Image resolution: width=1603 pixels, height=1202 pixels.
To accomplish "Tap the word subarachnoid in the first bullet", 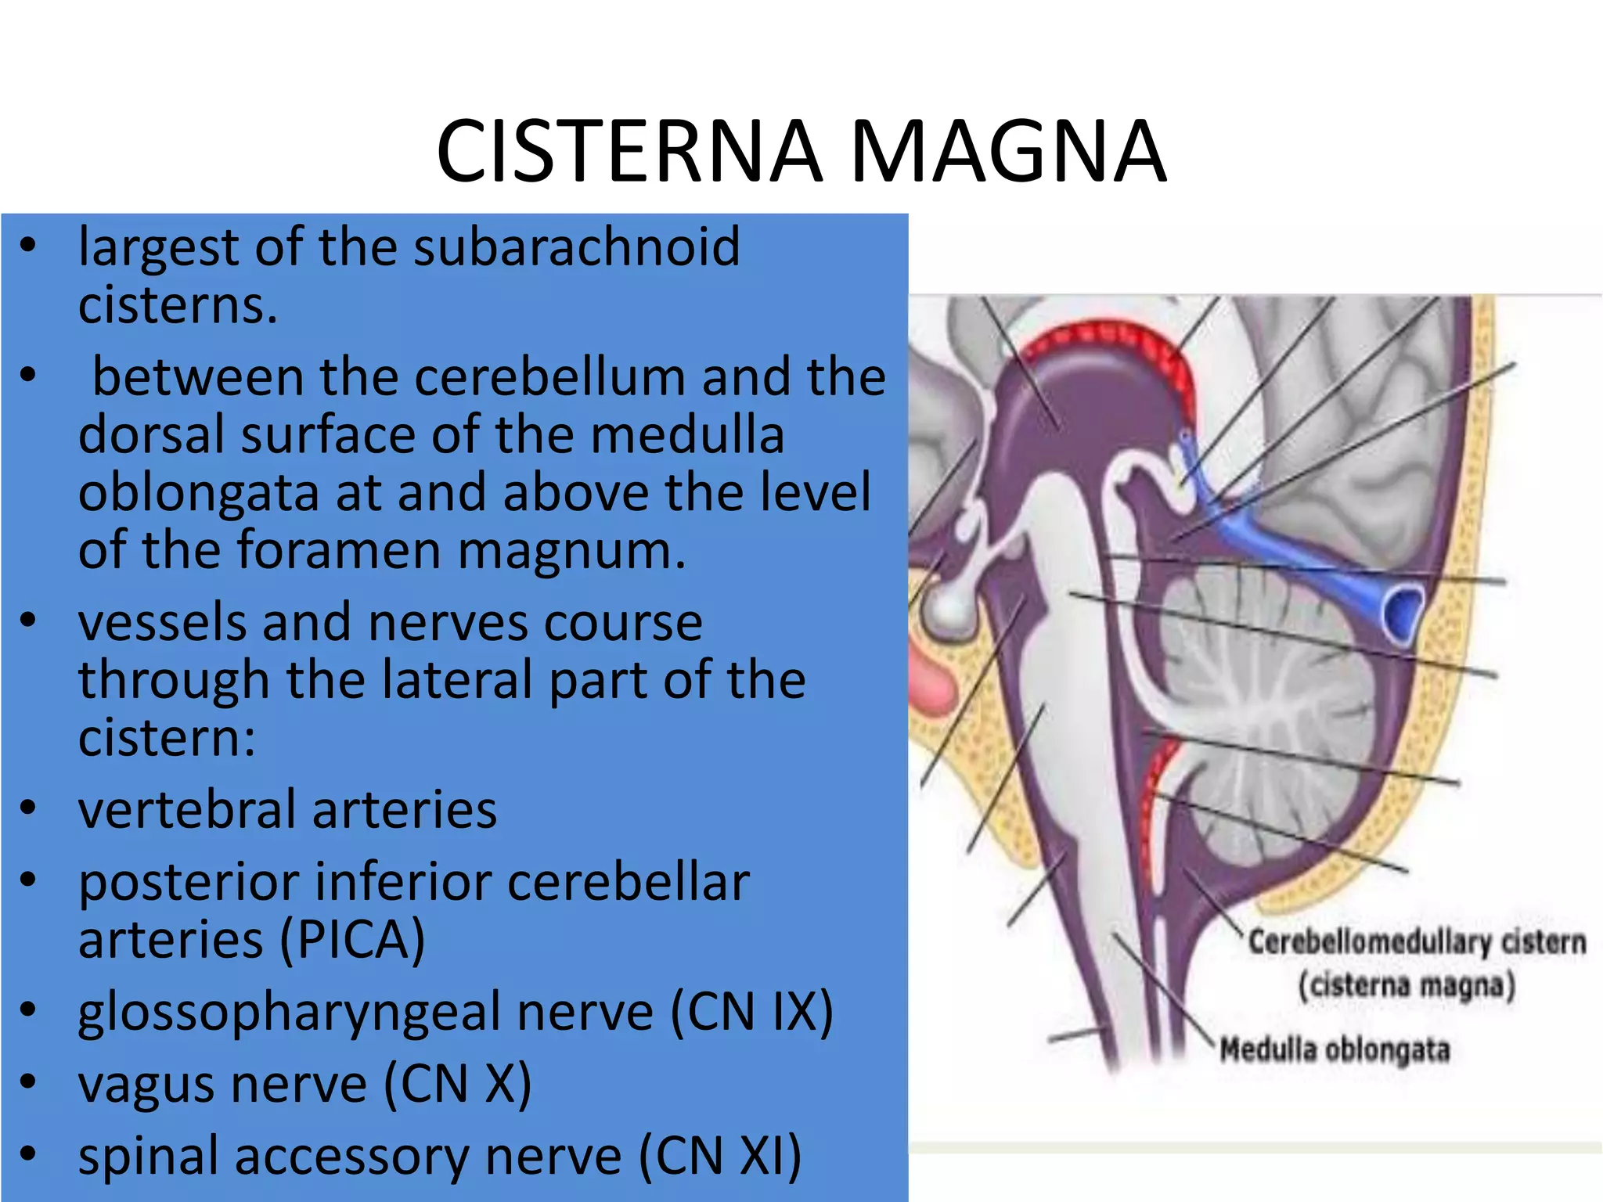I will (x=576, y=247).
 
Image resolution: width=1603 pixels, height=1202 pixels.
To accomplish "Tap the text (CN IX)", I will (x=751, y=1012).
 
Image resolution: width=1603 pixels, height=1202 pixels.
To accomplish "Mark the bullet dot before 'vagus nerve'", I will (x=29, y=1081).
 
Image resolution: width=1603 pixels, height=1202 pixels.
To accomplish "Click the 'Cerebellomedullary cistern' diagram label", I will (x=1417, y=942).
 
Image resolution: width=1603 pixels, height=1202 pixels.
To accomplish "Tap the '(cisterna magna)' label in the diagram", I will (x=1407, y=985).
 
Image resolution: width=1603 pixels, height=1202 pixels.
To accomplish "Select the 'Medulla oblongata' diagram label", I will (x=1335, y=1049).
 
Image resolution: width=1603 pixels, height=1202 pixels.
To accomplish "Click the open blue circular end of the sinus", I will (x=1401, y=612).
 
